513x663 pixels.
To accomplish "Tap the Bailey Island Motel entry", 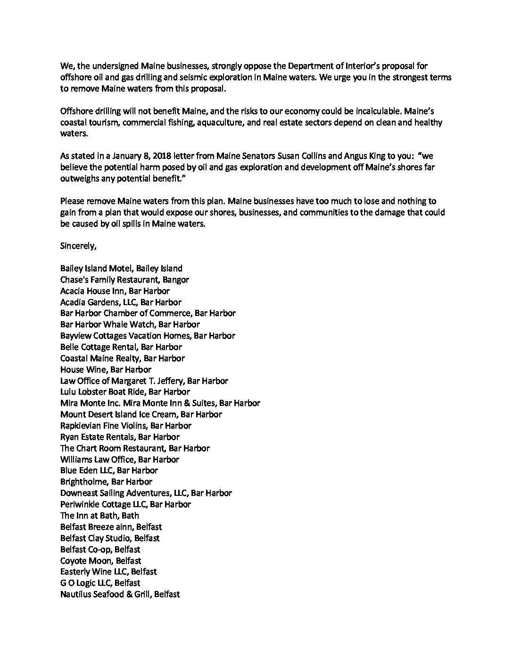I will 121,268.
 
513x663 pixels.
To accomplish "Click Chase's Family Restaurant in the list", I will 124,280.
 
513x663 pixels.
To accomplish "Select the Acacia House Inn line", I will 115,291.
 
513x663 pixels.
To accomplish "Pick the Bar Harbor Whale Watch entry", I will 130,324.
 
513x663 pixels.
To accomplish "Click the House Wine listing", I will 106,370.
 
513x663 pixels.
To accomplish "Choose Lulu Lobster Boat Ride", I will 125,392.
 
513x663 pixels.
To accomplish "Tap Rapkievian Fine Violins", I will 125,426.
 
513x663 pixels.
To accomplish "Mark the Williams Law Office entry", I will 120,459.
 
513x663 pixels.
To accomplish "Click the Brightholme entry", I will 106,482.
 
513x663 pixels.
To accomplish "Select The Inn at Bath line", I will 99,516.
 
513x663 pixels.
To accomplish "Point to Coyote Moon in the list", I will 100,560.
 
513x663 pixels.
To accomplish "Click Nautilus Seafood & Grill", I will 120,594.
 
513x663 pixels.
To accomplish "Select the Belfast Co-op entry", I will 100,549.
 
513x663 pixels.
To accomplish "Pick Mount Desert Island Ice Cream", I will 141,414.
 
